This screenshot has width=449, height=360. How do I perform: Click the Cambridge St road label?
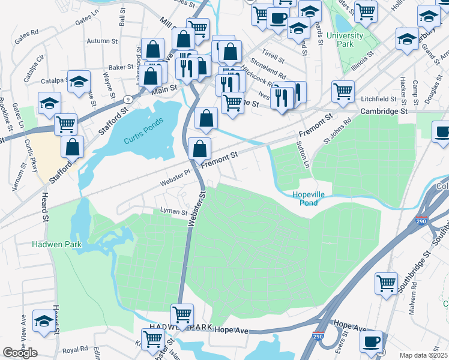pyautogui.click(x=384, y=112)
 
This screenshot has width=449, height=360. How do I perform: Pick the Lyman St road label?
pyautogui.click(x=174, y=211)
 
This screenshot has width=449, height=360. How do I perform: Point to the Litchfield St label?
pyautogui.click(x=379, y=98)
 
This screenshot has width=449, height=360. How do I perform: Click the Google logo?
pyautogui.click(x=20, y=353)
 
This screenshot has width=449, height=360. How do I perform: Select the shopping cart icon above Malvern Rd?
pyautogui.click(x=387, y=283)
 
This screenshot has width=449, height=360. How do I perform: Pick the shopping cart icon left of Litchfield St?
pyautogui.click(x=343, y=91)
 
